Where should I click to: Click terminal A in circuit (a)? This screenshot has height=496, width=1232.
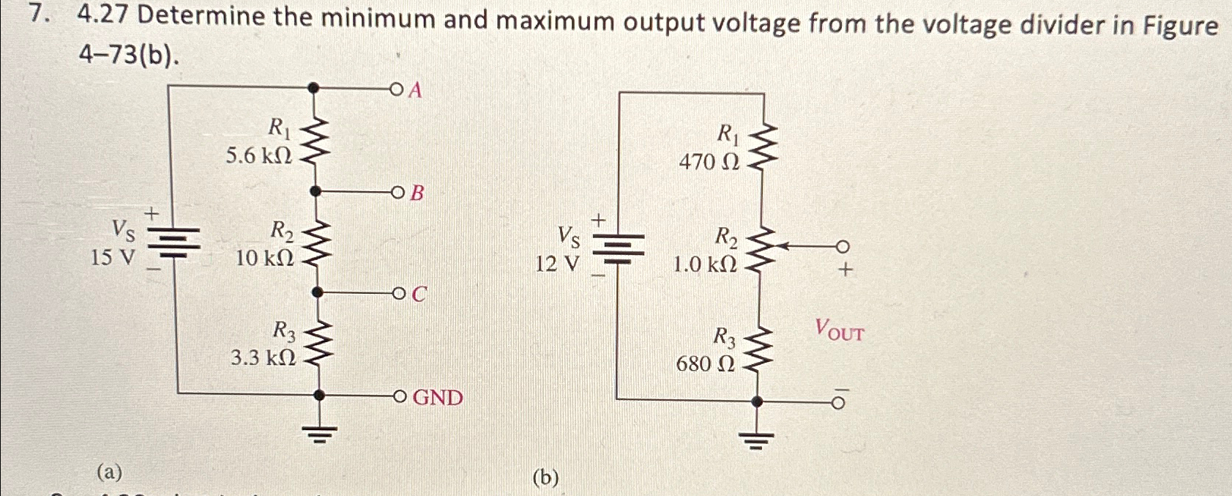[397, 90]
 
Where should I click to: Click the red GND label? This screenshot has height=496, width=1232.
[438, 398]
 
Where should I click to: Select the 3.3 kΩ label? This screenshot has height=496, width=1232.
[263, 358]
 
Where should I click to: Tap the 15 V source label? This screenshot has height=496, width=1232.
[112, 257]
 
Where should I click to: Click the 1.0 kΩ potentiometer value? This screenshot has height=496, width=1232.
[704, 264]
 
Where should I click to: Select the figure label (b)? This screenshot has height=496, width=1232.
[546, 478]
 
